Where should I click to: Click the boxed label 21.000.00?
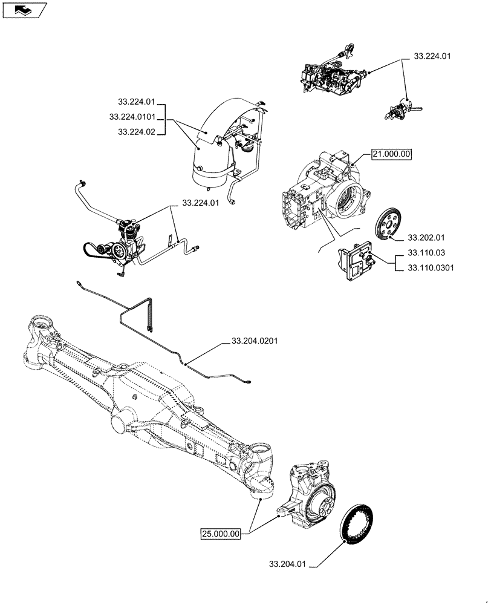[391, 154]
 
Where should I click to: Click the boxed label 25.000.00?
[221, 533]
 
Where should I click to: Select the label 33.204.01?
[289, 564]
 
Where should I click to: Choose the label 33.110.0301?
[431, 267]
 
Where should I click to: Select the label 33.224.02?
[137, 131]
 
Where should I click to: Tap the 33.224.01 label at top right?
[433, 56]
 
